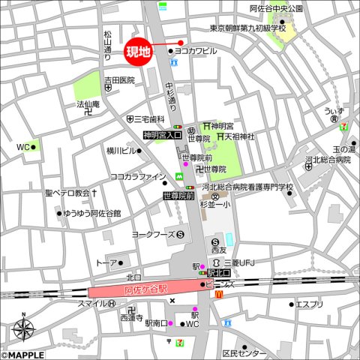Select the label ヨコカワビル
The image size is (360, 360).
tap(196, 51)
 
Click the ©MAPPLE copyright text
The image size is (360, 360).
tap(22, 355)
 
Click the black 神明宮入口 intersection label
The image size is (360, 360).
tap(163, 135)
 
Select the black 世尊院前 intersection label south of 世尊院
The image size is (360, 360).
tap(178, 196)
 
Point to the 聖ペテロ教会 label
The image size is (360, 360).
tap(67, 193)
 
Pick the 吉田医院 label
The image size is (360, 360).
tap(119, 79)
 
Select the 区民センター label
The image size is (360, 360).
tap(244, 352)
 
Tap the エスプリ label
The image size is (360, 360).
tap(309, 304)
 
